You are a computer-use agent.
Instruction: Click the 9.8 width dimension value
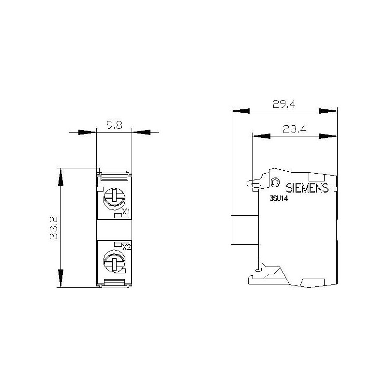tap(114, 125)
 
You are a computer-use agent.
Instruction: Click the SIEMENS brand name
tap(308, 188)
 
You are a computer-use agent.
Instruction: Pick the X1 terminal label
tap(126, 212)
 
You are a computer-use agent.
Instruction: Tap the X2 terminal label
tap(127, 247)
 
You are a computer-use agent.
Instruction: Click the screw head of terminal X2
tap(114, 263)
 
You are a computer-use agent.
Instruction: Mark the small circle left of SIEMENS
tap(275, 182)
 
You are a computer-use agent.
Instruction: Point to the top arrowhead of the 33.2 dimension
tap(60, 177)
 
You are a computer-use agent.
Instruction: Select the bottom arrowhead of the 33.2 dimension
tap(60, 279)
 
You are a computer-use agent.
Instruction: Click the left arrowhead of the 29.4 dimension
tap(240, 111)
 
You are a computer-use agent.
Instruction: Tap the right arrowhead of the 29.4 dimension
tap(328, 111)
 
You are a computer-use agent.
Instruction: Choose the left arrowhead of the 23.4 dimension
tap(261, 136)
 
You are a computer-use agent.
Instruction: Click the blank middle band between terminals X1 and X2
tap(114, 230)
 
